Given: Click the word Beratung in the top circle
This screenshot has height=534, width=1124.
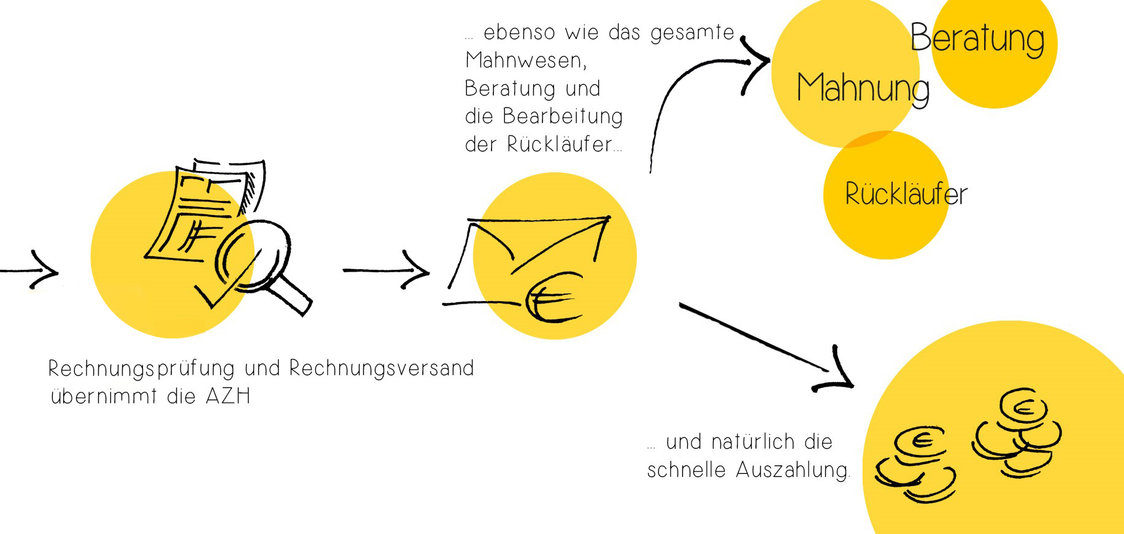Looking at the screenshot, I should pyautogui.click(x=977, y=38).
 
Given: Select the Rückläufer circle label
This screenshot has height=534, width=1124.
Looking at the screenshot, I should pyautogui.click(x=906, y=194).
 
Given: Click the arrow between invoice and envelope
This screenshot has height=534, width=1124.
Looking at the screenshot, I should pyautogui.click(x=387, y=270).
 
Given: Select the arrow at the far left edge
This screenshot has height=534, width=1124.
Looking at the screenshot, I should pyautogui.click(x=31, y=270).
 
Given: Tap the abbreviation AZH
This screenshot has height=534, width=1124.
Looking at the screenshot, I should pyautogui.click(x=228, y=397).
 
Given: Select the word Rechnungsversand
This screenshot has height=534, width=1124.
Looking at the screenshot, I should pyautogui.click(x=381, y=368).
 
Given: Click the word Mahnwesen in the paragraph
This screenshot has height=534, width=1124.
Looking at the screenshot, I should pyautogui.click(x=525, y=61).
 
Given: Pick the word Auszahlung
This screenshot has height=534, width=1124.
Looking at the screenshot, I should pyautogui.click(x=792, y=470).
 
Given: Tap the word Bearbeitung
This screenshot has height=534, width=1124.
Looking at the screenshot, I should pyautogui.click(x=563, y=116).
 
